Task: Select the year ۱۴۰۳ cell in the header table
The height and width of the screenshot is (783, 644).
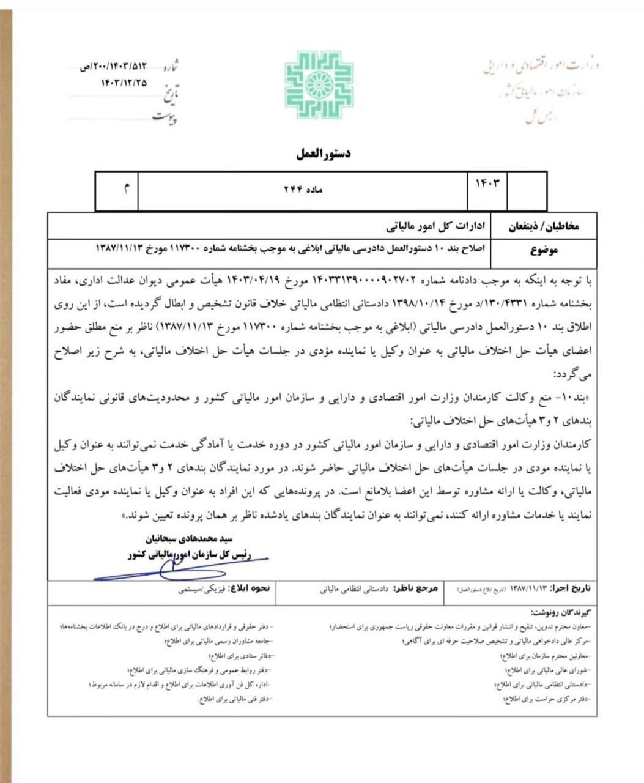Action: pyautogui.click(x=487, y=184)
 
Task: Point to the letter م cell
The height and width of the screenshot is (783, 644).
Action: pyautogui.click(x=127, y=190)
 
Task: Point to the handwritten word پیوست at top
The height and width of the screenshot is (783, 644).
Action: pyautogui.click(x=165, y=117)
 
